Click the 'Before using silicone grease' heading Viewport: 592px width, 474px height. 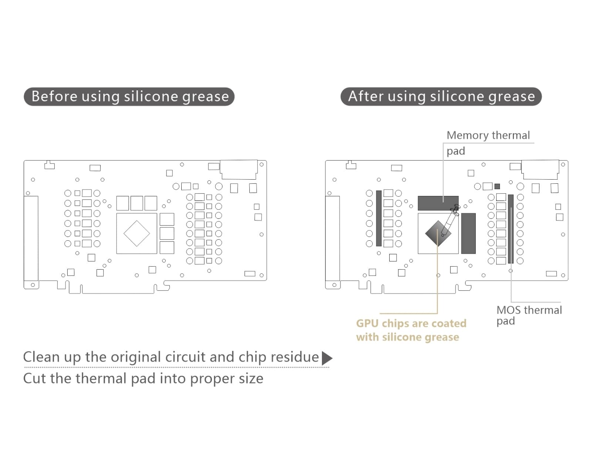(x=129, y=97)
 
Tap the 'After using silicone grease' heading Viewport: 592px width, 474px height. (x=441, y=97)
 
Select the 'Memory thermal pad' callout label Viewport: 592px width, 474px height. (x=488, y=143)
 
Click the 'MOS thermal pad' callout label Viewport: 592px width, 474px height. (x=529, y=315)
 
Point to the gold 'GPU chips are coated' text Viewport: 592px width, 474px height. (x=411, y=323)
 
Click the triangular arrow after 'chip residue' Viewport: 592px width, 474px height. (x=327, y=358)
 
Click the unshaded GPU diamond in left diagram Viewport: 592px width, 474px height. (x=137, y=234)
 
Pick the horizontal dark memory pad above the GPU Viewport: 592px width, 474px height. (x=438, y=203)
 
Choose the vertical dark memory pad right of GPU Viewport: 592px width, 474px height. (x=468, y=233)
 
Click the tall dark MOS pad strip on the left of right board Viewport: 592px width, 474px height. (x=379, y=218)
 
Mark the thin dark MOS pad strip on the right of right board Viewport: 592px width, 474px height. (x=511, y=229)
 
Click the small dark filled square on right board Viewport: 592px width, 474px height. (x=497, y=186)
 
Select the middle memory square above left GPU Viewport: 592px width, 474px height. (x=137, y=203)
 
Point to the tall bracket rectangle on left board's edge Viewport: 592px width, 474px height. (x=31, y=238)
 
